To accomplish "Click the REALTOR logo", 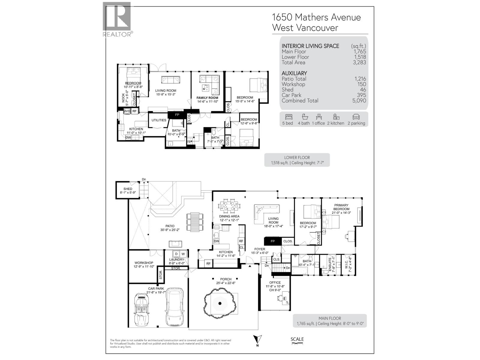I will tap(117, 19).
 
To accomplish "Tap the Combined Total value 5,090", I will tap(359, 101).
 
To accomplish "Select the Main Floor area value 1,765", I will tap(359, 52).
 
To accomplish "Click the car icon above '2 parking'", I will tap(356, 117).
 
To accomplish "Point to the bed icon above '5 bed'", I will tap(289, 117).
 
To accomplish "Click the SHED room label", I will tap(128, 189).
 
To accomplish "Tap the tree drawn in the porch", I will tap(220, 303).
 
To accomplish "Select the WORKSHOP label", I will tap(144, 263).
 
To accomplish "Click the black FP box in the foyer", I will tap(273, 241).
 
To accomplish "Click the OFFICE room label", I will tap(275, 283).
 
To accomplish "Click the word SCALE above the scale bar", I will tap(297, 339).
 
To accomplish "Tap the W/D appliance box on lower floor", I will tap(127, 111).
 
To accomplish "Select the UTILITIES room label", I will tap(159, 120).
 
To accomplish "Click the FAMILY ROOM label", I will tap(207, 98).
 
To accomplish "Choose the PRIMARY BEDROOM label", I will tap(341, 207).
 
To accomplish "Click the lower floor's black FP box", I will tap(177, 115).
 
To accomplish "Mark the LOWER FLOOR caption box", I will tap(297, 160).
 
